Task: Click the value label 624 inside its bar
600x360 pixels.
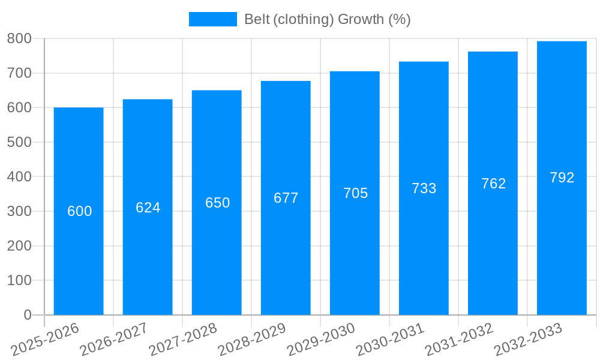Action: coord(148,208)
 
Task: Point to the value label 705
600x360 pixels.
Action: coord(355,193)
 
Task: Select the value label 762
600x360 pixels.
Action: coord(493,184)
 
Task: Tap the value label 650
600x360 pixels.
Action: coord(217,203)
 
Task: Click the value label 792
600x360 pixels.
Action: coord(562,178)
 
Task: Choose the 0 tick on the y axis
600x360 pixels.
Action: coord(28,315)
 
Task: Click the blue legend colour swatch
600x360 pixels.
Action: coord(213,19)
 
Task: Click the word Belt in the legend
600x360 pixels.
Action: coord(256,19)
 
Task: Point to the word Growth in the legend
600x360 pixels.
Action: coord(361,19)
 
